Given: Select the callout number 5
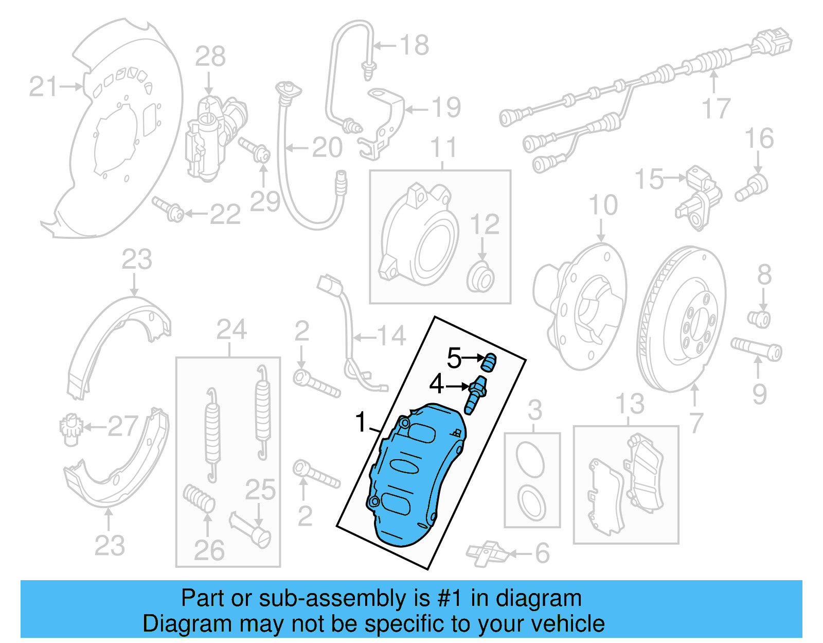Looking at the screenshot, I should [454, 358].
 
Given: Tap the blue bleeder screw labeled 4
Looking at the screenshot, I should [476, 394].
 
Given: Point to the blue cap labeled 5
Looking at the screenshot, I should [489, 361].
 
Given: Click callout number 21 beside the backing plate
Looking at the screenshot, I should [43, 86].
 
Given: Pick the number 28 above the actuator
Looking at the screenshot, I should [210, 57].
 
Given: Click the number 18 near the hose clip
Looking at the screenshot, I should [414, 45].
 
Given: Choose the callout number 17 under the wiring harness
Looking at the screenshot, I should [716, 109].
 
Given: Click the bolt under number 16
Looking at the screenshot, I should [752, 188].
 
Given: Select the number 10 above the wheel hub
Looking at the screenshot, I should [603, 205].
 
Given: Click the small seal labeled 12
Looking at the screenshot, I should [481, 277].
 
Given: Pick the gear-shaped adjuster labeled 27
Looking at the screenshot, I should [68, 428].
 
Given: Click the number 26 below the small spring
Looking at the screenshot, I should [209, 550].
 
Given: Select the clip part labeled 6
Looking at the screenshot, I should [487, 553].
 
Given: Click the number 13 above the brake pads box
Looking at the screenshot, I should [630, 404].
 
